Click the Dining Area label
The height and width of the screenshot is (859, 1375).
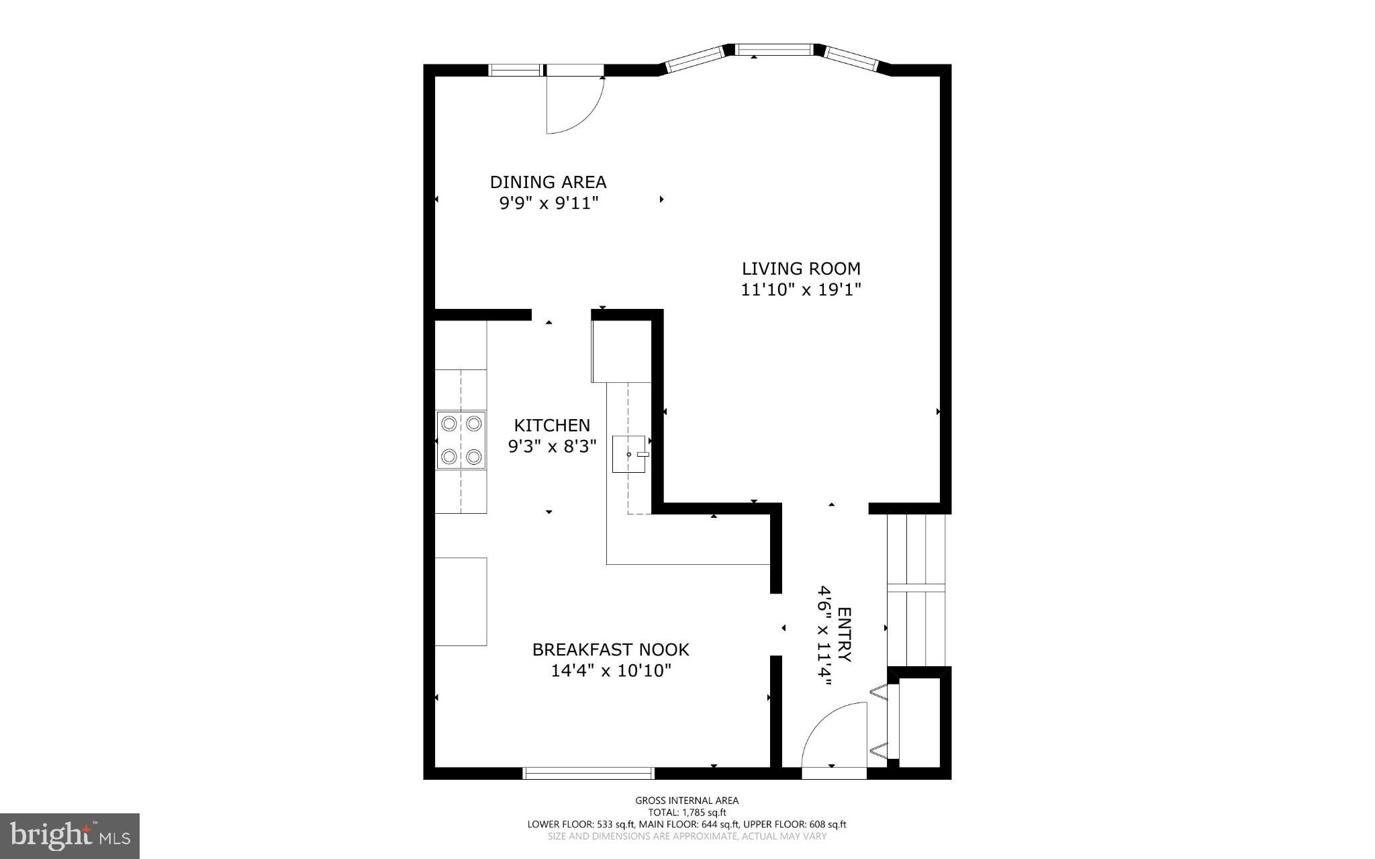548,182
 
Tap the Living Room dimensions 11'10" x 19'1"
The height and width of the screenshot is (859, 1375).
801,289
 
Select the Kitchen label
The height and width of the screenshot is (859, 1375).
552,425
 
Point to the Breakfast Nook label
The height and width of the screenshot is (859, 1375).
610,649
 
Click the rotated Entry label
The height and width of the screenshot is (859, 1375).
845,635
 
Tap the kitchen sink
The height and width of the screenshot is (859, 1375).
629,454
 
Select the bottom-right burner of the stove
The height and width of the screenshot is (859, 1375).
474,457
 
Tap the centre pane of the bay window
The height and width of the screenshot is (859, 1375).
774,49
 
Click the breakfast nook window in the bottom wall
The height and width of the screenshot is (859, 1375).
588,773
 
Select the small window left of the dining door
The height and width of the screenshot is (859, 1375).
516,69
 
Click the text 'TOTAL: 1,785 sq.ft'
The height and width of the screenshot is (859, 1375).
687,812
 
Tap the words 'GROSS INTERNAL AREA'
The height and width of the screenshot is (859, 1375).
687,800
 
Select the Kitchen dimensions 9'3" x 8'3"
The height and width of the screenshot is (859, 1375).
552,446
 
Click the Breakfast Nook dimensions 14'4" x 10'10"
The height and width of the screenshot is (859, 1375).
610,670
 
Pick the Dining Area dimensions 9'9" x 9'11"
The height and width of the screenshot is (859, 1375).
548,203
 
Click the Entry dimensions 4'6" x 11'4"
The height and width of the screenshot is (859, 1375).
824,635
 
